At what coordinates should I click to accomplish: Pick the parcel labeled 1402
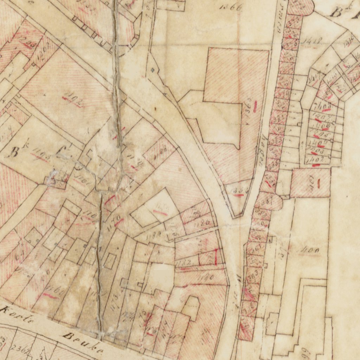click(x=314, y=160)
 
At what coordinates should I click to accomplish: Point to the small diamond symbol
click(x=152, y=70)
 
